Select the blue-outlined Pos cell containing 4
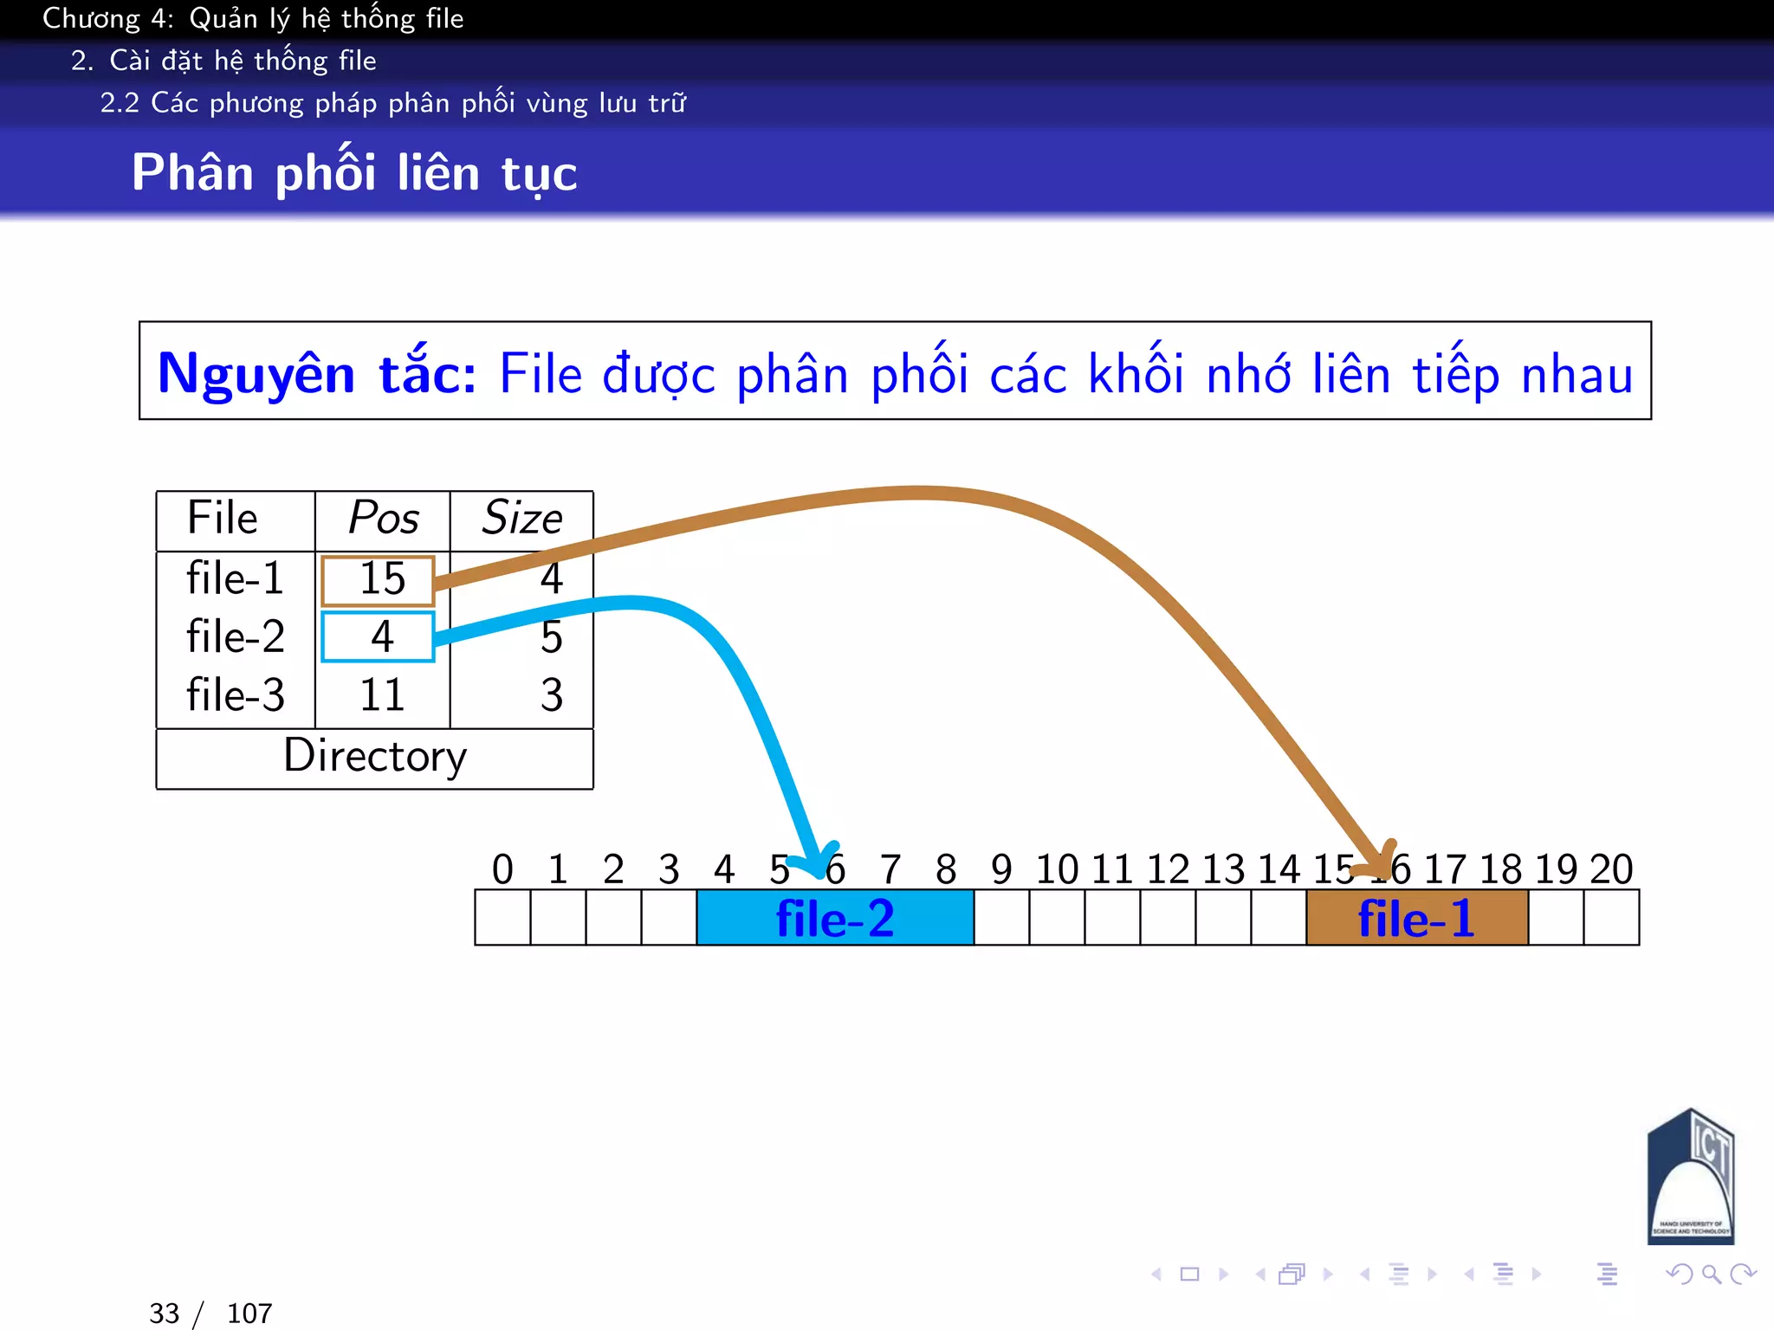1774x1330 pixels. tap(378, 637)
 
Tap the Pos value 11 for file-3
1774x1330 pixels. tap(382, 695)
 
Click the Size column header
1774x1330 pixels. tap(521, 519)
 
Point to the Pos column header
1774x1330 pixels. tap(383, 519)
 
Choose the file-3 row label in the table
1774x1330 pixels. tap(235, 695)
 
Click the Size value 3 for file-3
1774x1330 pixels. tap(552, 695)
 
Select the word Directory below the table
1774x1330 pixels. tap(375, 756)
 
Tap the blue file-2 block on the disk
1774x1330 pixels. tap(835, 919)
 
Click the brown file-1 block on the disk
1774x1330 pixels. tap(1416, 919)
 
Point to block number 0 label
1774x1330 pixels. tap(502, 869)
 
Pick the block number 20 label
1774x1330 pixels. tap(1611, 869)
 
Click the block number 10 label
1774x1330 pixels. tap(1057, 869)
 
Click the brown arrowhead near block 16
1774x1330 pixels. tap(1383, 861)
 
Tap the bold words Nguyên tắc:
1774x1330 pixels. tap(317, 374)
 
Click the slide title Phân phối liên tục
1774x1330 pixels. tap(353, 172)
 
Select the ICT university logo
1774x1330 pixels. tap(1690, 1178)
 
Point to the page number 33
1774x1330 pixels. tap(164, 1314)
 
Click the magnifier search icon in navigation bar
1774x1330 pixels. tap(1711, 1274)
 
